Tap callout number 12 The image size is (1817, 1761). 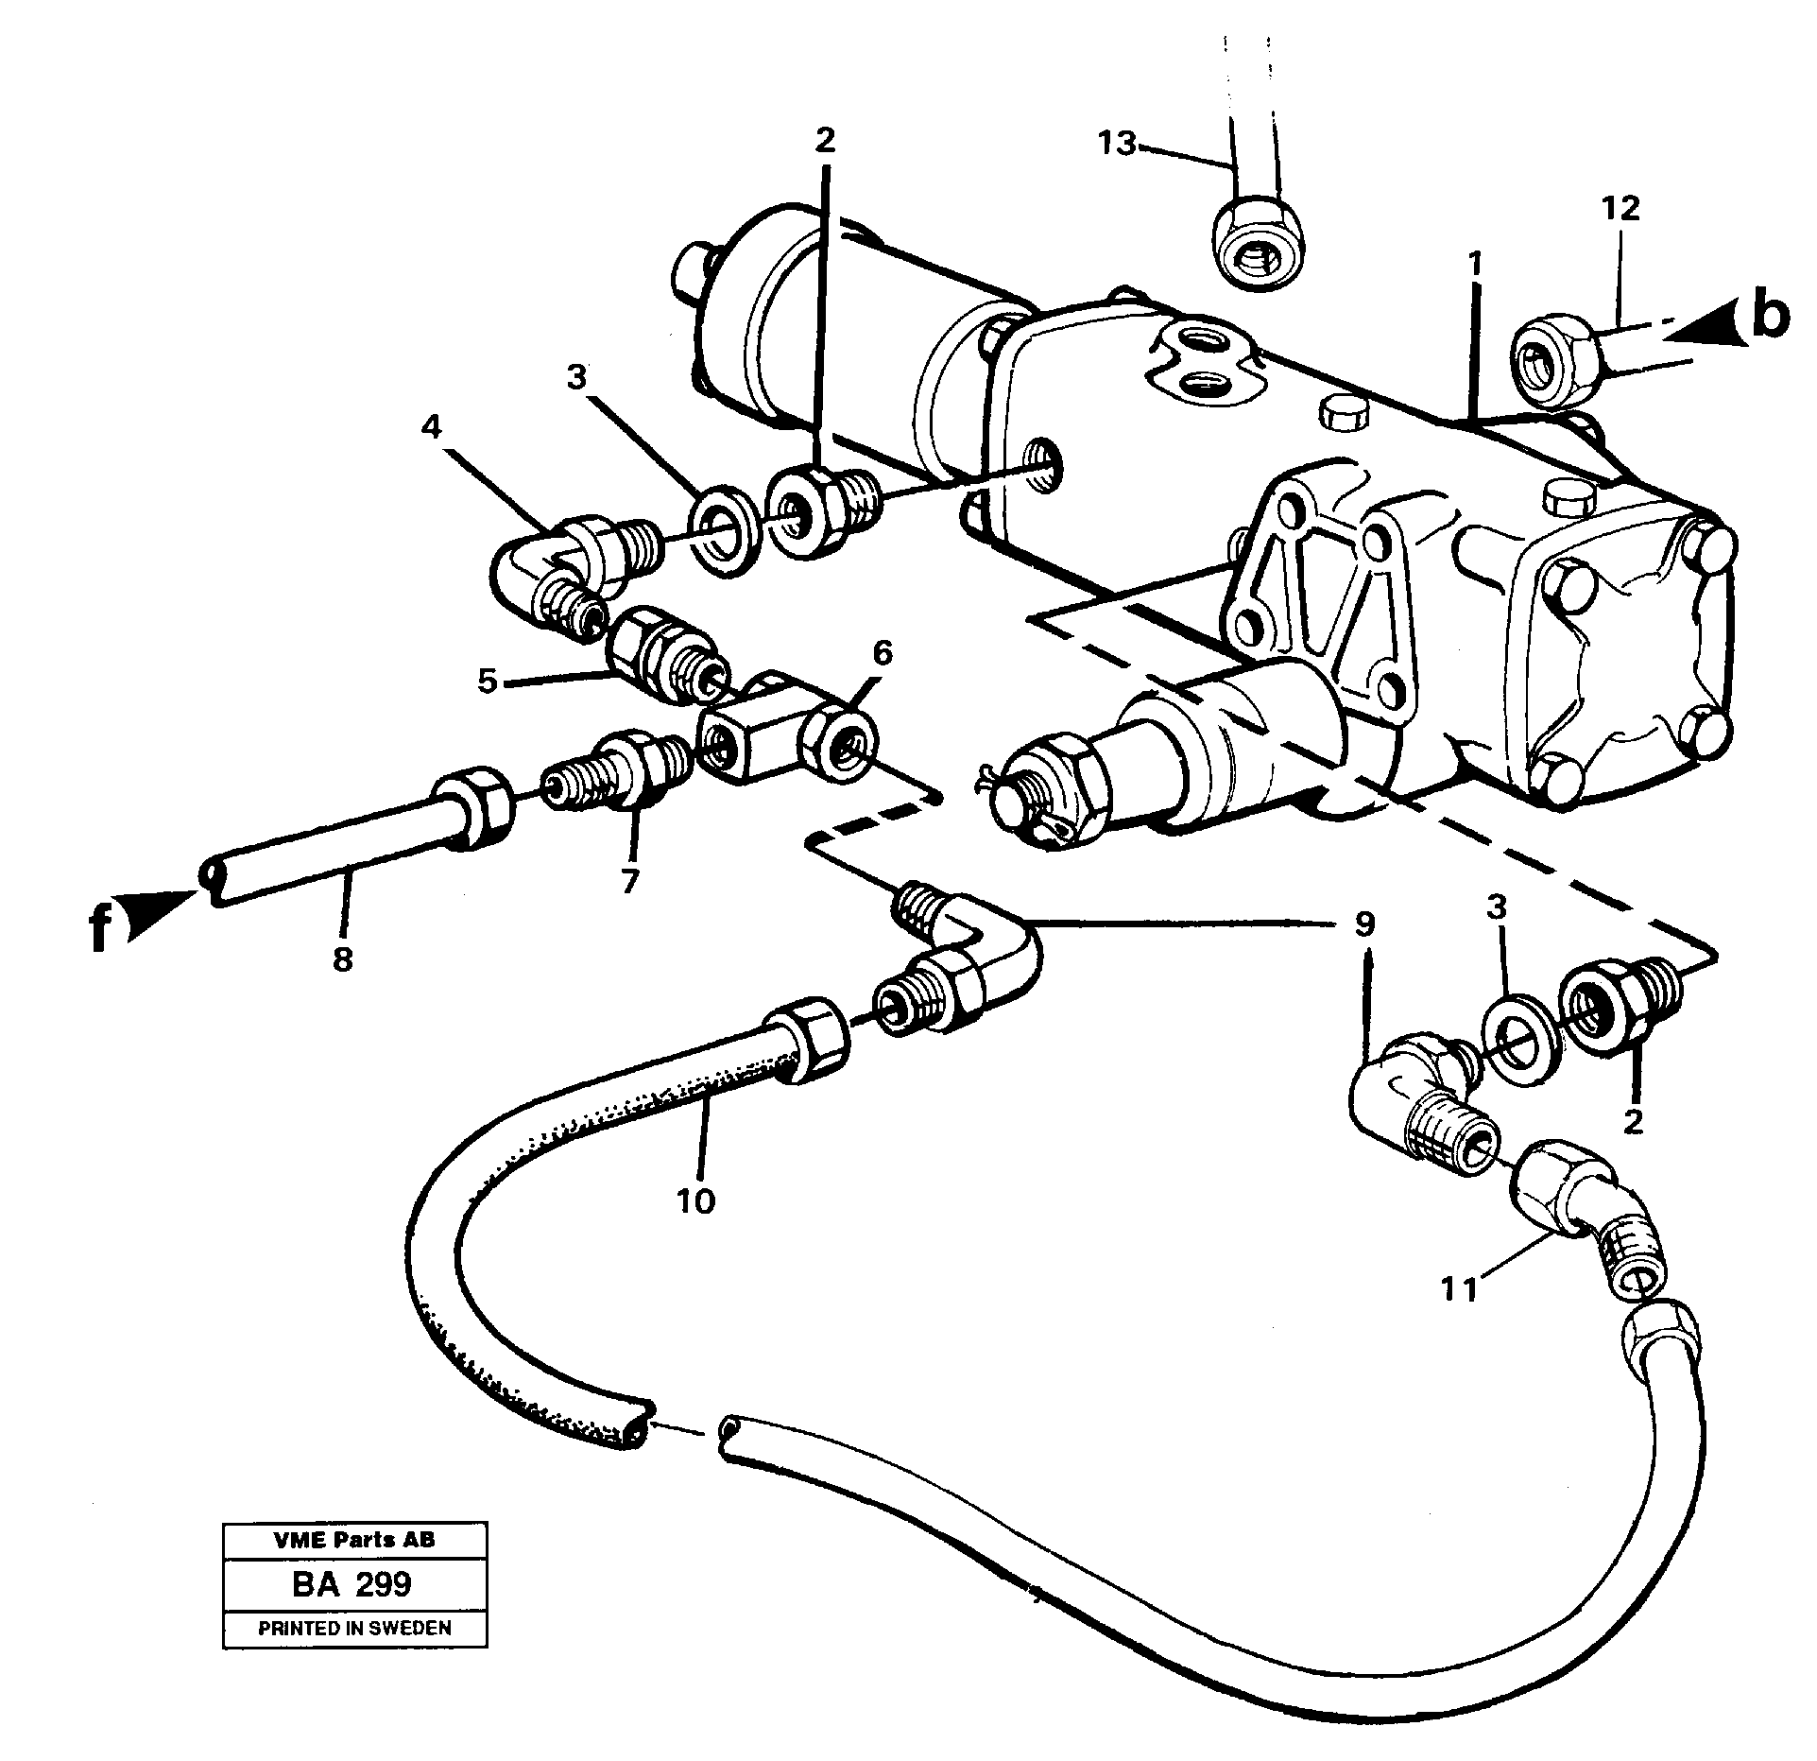pos(1620,209)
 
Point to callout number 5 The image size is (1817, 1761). pos(487,680)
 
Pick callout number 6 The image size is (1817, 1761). pos(881,652)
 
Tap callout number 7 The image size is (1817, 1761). pos(630,881)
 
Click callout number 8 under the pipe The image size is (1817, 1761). pos(342,959)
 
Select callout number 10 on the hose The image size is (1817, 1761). pos(696,1201)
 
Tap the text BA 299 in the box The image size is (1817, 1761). pos(352,1609)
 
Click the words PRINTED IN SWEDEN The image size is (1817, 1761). pos(354,1654)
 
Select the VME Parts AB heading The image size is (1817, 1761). pos(354,1566)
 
